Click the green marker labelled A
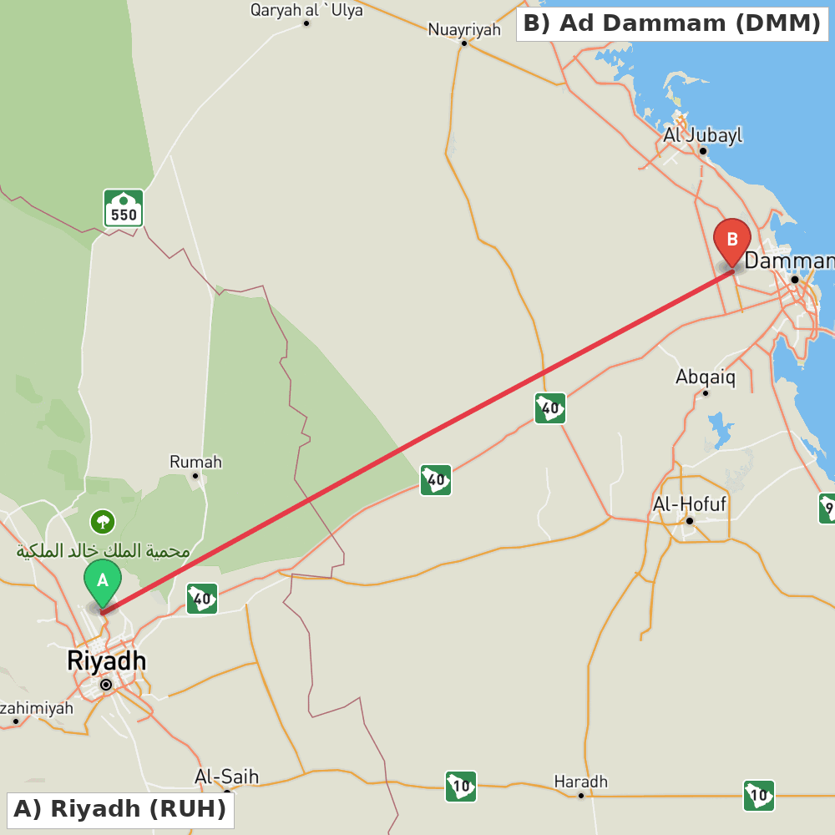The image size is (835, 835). pyautogui.click(x=102, y=581)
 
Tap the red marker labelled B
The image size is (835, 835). pyautogui.click(x=732, y=240)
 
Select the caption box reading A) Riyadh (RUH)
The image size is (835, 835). pyautogui.click(x=120, y=809)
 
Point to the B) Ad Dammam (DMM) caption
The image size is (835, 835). pyautogui.click(x=672, y=23)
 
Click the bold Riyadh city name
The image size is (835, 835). pyautogui.click(x=106, y=660)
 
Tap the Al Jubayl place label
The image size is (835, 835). pyautogui.click(x=702, y=135)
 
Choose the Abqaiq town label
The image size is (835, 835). pyautogui.click(x=706, y=377)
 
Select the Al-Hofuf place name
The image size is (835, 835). pyautogui.click(x=690, y=504)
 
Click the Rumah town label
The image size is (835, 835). pyautogui.click(x=195, y=462)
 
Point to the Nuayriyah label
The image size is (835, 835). pyautogui.click(x=464, y=30)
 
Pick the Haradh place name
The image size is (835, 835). pyautogui.click(x=581, y=782)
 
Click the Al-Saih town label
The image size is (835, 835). pyautogui.click(x=226, y=777)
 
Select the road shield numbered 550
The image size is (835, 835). pyautogui.click(x=124, y=208)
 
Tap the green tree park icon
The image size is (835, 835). pyautogui.click(x=103, y=523)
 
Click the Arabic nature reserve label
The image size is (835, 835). pyautogui.click(x=103, y=551)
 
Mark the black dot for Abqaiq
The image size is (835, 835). pyautogui.click(x=706, y=392)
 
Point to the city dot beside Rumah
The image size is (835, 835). pyautogui.click(x=195, y=476)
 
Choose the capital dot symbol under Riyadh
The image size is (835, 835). pyautogui.click(x=106, y=685)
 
